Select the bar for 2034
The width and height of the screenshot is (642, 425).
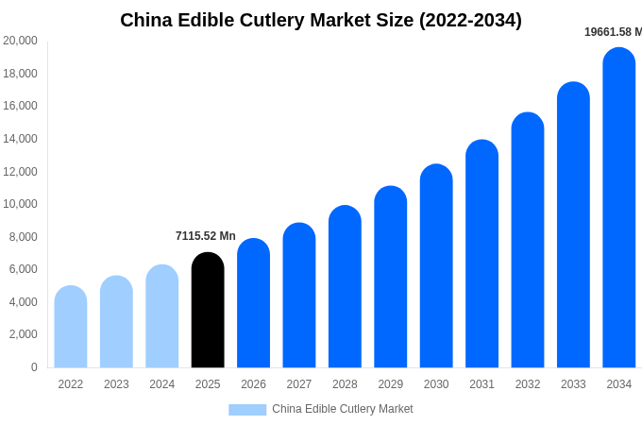(x=619, y=208)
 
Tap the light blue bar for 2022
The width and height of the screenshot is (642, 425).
(x=71, y=327)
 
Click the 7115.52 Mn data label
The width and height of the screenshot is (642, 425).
(x=206, y=236)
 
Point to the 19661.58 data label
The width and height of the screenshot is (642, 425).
(x=613, y=32)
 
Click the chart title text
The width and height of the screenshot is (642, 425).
(x=321, y=20)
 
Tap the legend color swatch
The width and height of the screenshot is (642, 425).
(x=247, y=410)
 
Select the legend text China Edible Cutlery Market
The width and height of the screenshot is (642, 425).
(x=343, y=409)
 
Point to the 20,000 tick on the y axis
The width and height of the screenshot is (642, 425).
(x=20, y=41)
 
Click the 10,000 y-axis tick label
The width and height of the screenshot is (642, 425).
(x=20, y=204)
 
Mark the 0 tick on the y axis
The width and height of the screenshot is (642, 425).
(x=34, y=367)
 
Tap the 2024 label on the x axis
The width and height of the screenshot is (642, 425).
(x=162, y=384)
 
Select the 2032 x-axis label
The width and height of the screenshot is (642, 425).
(x=528, y=384)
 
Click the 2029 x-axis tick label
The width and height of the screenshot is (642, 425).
(x=391, y=384)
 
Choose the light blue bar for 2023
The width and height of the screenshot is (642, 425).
(x=116, y=322)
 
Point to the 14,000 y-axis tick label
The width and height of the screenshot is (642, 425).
(x=20, y=139)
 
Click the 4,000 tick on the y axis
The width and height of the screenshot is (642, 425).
(x=23, y=302)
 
